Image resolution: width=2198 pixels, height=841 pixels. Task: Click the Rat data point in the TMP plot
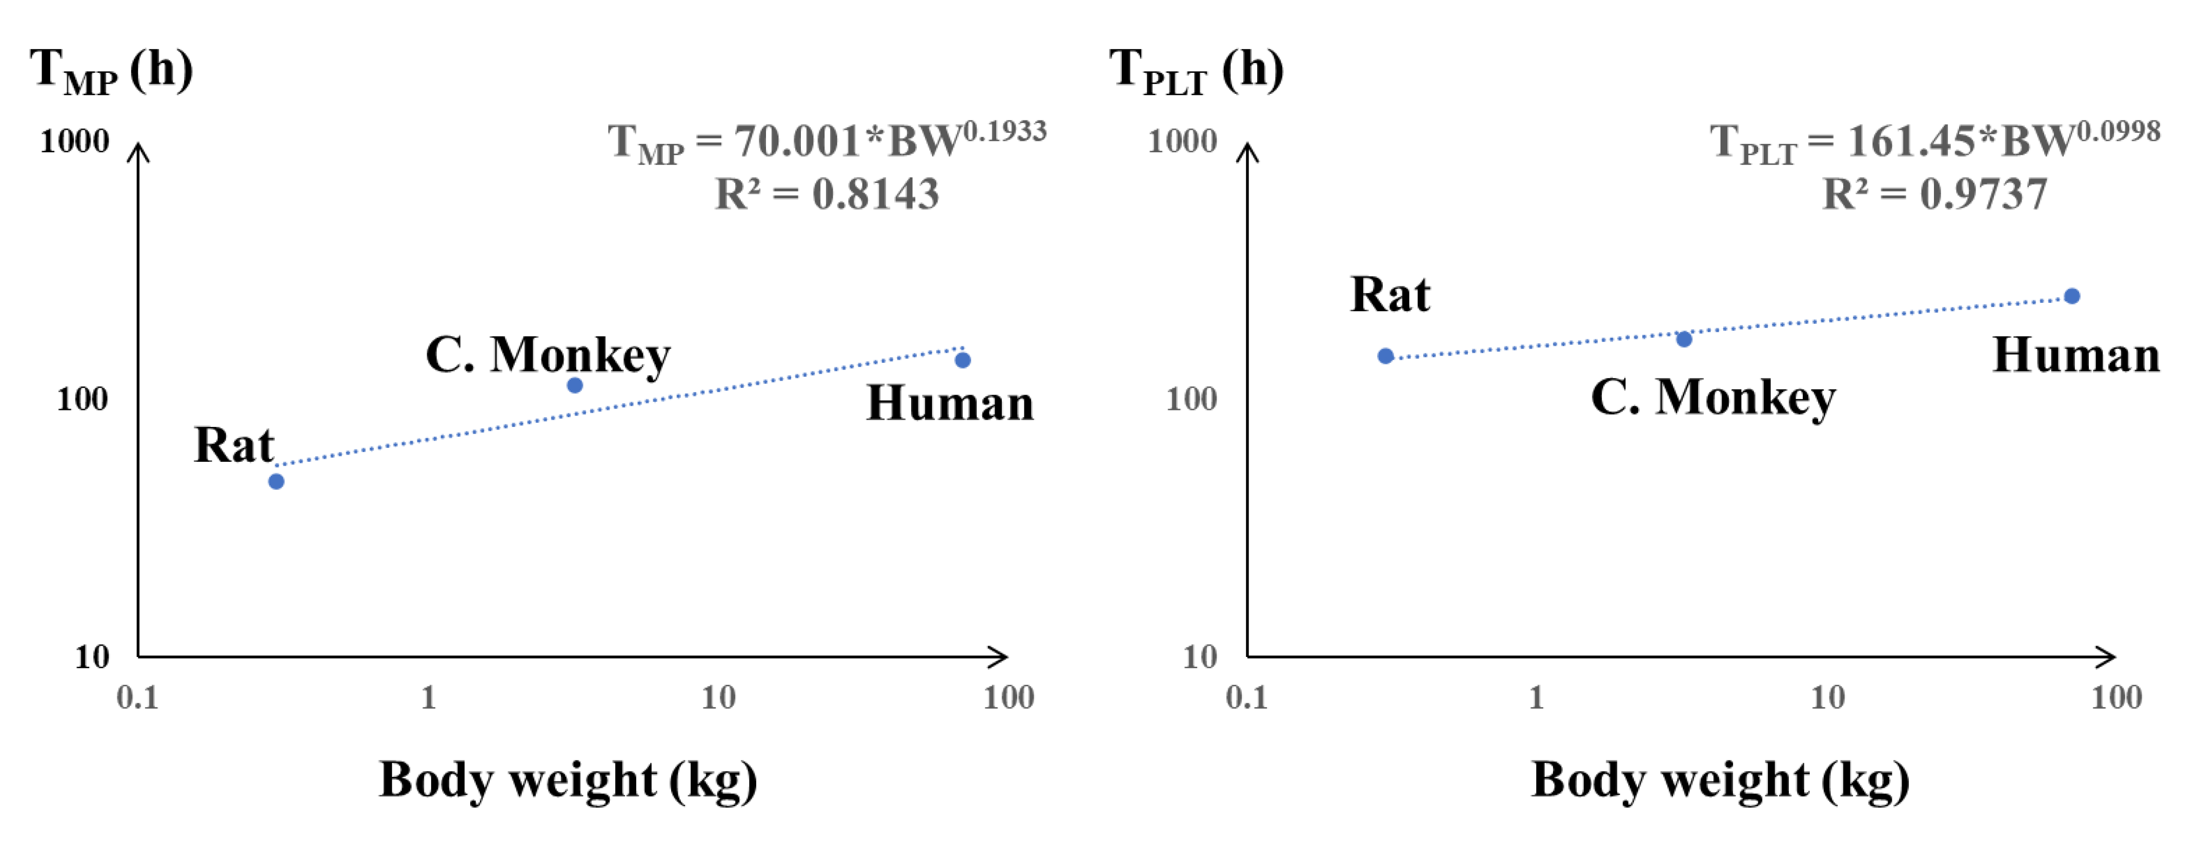coord(276,481)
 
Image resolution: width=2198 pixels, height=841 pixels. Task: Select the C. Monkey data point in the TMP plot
coord(575,385)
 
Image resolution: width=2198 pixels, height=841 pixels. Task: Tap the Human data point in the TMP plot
coord(962,360)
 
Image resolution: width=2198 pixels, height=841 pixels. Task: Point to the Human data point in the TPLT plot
coord(2072,296)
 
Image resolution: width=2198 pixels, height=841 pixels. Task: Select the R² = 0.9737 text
coord(1934,194)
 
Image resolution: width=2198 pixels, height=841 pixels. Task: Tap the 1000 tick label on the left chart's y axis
coord(75,141)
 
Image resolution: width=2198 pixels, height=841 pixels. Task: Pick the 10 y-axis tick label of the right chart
coord(1200,657)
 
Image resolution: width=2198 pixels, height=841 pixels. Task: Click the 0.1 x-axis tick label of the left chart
coord(137,698)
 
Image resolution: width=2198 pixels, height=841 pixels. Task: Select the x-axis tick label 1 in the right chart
coord(1536,698)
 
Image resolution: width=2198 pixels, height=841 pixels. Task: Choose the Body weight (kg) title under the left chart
coord(568,780)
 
